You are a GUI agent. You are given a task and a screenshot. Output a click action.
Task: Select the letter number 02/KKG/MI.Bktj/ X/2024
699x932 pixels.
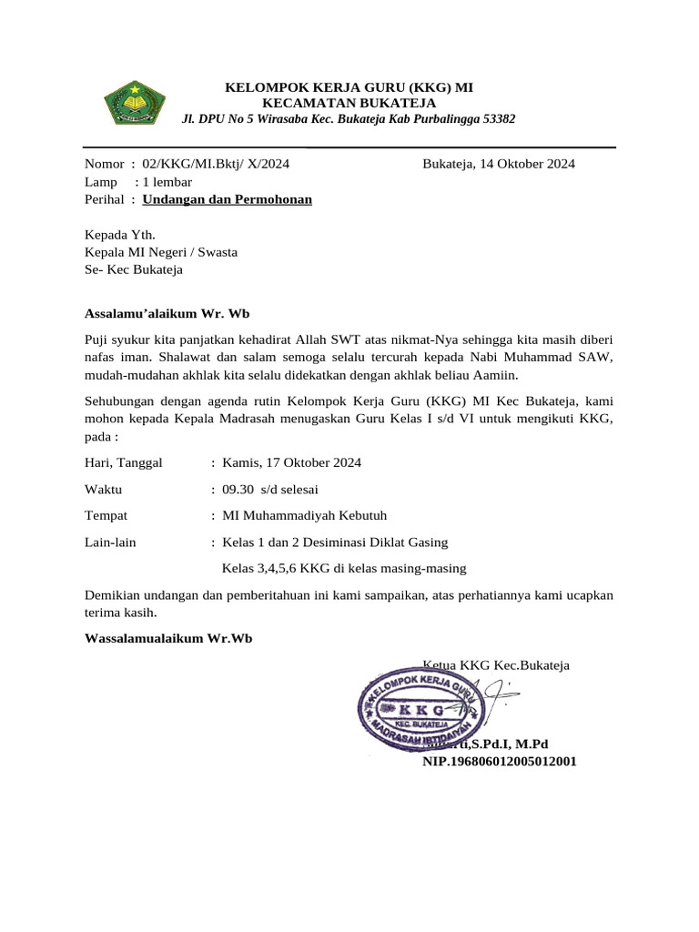[x=217, y=164]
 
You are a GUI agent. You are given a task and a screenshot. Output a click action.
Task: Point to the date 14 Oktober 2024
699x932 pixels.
[x=527, y=164]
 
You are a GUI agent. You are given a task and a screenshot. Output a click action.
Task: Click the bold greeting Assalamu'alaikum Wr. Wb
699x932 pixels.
[x=167, y=314]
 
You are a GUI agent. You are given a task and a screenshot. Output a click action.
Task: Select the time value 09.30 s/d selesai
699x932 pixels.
[x=270, y=489]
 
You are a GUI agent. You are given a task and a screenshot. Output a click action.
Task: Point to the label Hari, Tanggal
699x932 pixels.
[x=123, y=462]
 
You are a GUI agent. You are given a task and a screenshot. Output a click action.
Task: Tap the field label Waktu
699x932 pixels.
[x=103, y=489]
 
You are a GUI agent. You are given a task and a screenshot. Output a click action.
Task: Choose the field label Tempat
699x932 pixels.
[x=106, y=515]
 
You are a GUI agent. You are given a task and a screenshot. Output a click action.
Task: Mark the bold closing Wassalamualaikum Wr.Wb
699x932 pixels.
[x=168, y=638]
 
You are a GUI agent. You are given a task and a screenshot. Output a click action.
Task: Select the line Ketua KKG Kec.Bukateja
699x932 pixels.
[x=497, y=664]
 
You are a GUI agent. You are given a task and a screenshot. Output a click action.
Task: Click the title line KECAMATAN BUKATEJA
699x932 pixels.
[x=349, y=103]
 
